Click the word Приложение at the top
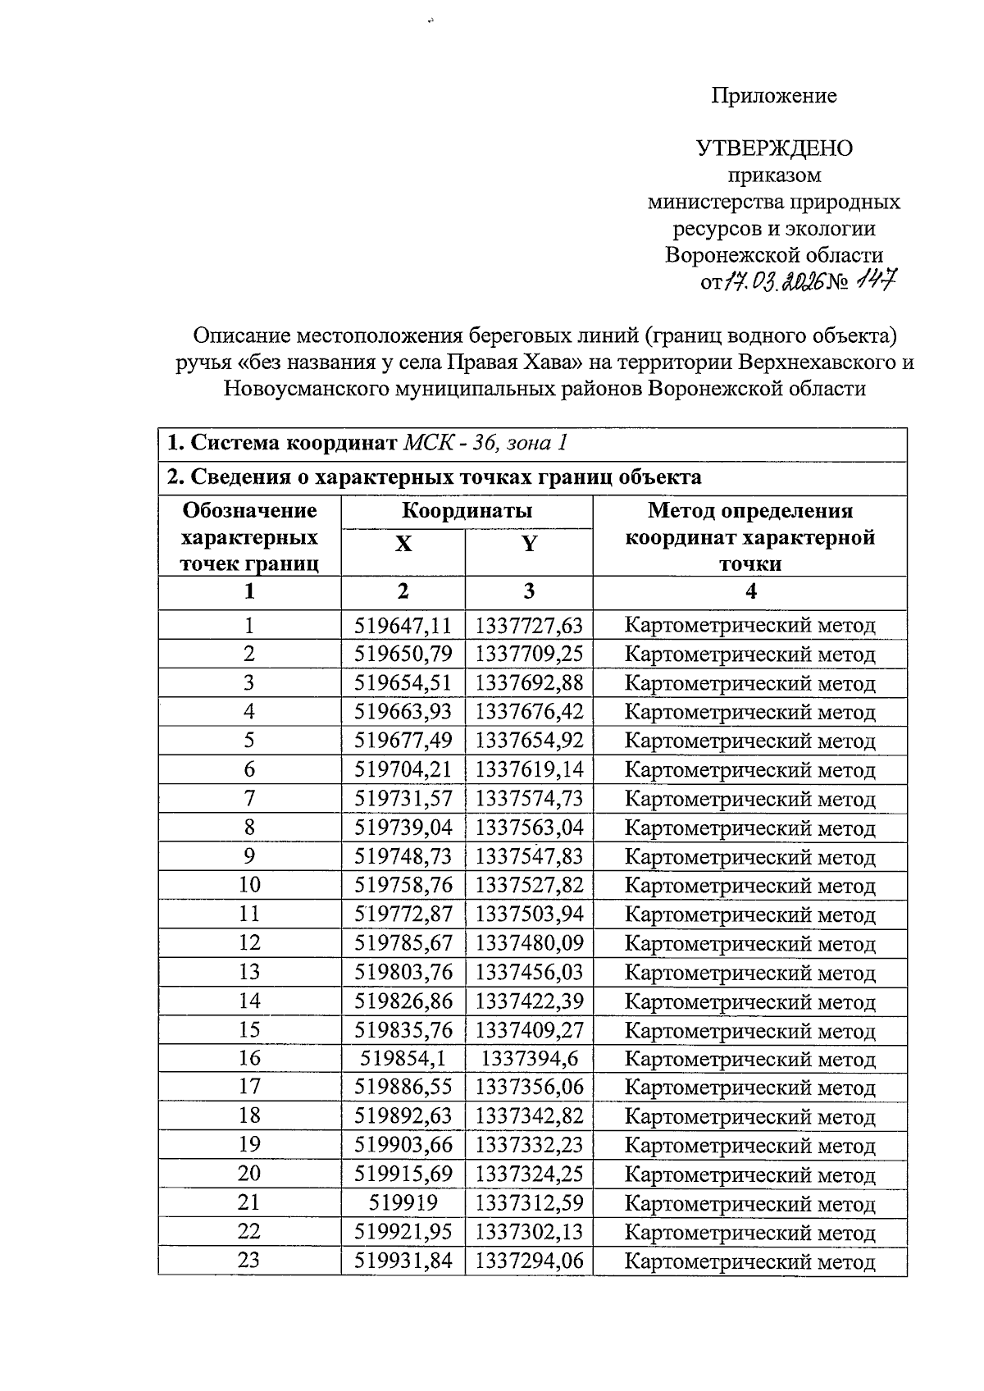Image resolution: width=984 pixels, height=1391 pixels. [x=773, y=96]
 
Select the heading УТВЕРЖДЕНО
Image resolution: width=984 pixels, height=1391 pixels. [x=774, y=148]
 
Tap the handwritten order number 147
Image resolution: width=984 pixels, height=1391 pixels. [x=875, y=282]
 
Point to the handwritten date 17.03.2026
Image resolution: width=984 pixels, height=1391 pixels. [x=773, y=283]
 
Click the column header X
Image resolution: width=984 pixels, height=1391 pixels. [x=403, y=544]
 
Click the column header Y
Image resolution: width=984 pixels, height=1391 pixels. [x=529, y=544]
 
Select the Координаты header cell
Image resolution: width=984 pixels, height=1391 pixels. [x=467, y=511]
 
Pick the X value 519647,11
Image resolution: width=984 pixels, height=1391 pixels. [x=403, y=627]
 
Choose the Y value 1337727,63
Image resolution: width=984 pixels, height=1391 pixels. [x=529, y=627]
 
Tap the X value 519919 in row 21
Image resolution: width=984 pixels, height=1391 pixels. [x=403, y=1203]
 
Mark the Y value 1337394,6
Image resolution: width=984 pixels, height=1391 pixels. [x=529, y=1059]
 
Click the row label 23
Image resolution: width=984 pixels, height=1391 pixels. [x=248, y=1261]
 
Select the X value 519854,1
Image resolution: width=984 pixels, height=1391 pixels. [x=403, y=1059]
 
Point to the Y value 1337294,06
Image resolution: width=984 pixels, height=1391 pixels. [x=529, y=1261]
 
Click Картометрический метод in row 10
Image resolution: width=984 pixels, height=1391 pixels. [x=749, y=886]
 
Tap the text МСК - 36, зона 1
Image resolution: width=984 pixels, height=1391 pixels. [x=485, y=444]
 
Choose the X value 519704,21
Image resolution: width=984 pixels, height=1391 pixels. [x=403, y=770]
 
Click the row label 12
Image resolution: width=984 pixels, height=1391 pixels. [x=248, y=943]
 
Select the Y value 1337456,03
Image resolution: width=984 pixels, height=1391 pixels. [x=529, y=973]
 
